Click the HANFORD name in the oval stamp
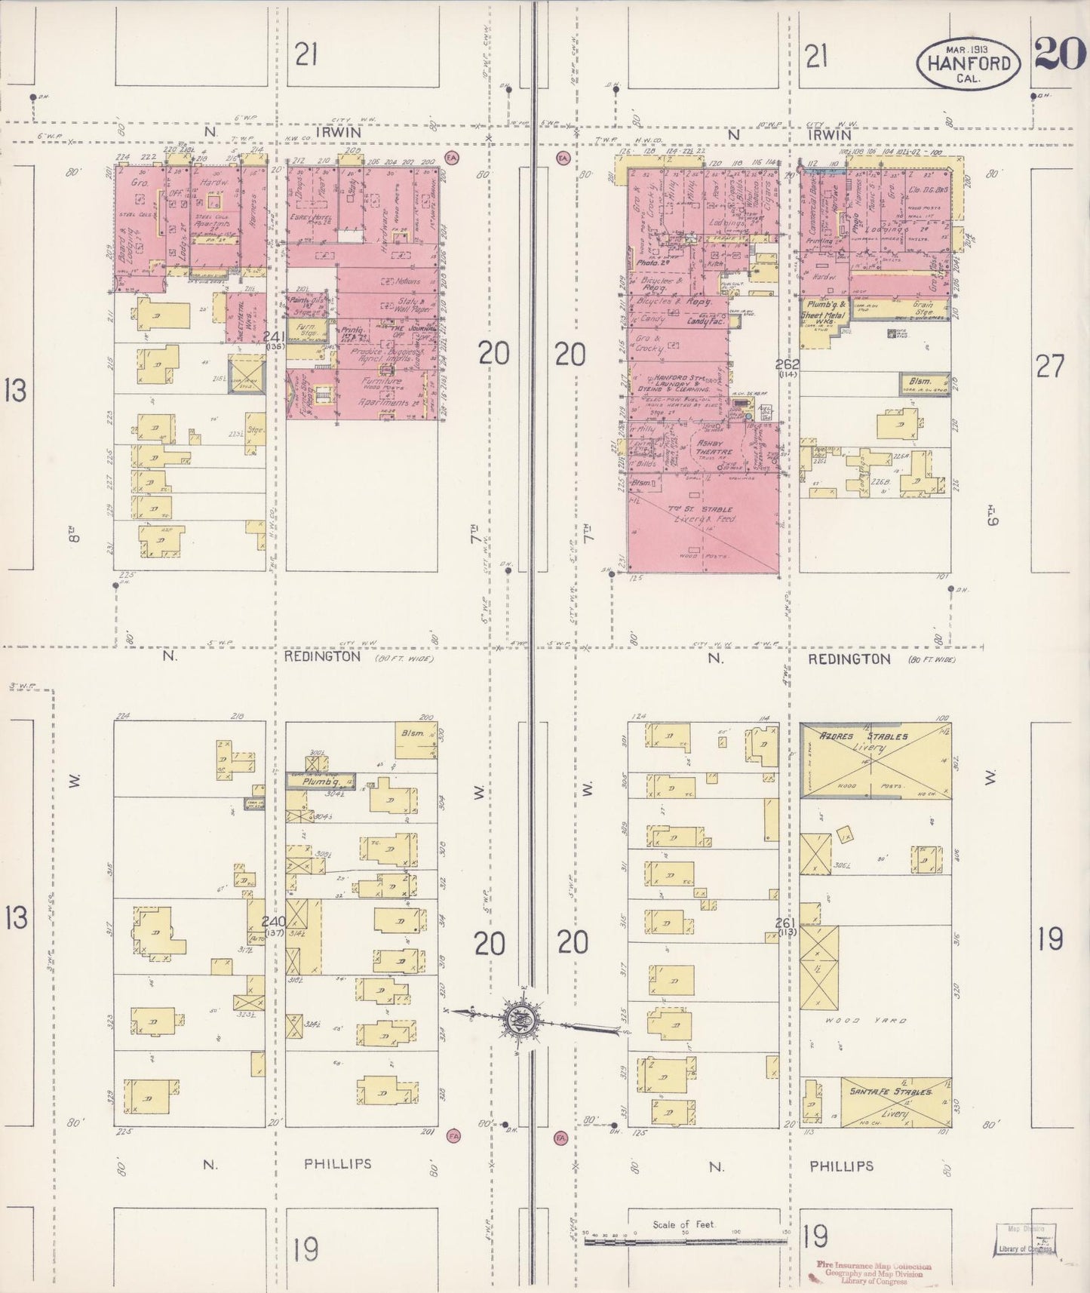click(969, 63)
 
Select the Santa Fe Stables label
click(890, 1092)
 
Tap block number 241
click(274, 336)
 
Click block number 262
click(788, 364)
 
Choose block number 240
click(273, 921)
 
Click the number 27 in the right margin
click(1050, 367)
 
